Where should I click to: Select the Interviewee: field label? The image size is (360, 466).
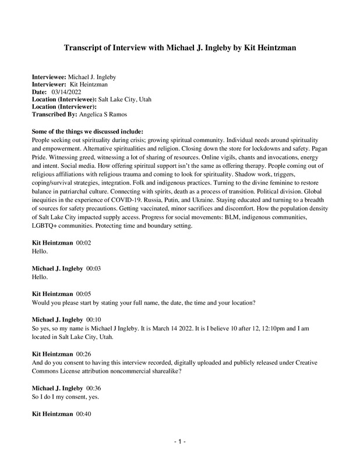click(x=49, y=77)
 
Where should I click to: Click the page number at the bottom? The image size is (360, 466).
click(x=180, y=442)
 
